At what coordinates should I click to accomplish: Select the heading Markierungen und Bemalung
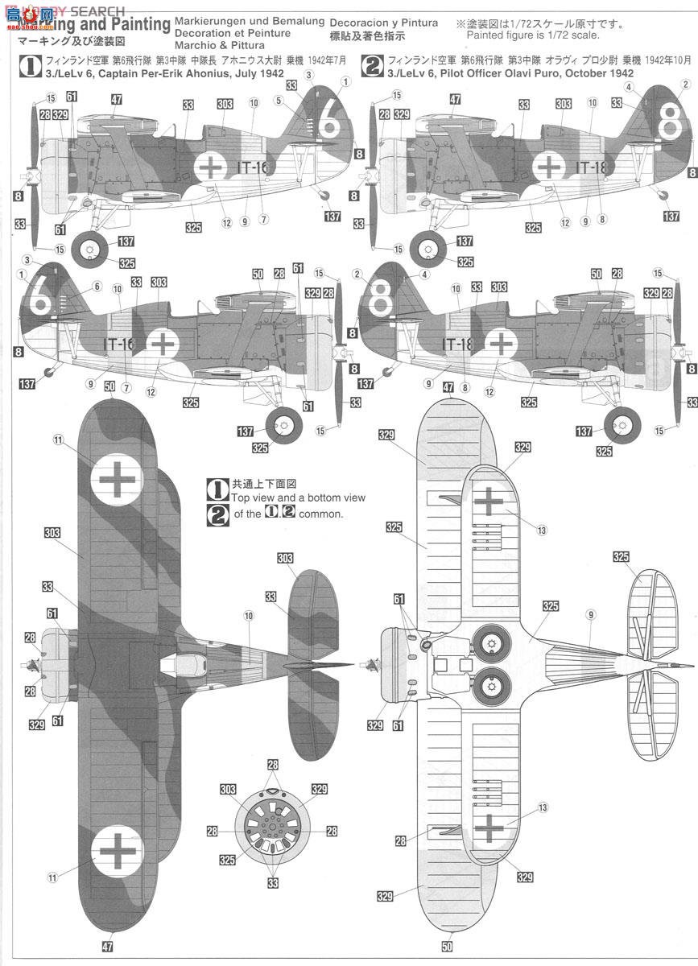coord(250,22)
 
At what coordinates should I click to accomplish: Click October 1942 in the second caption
coord(595,71)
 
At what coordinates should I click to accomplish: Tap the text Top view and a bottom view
coord(298,497)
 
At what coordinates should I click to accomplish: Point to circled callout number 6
coord(97,286)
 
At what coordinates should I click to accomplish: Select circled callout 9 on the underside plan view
coord(591,615)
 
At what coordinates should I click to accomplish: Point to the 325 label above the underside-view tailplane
coord(621,556)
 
